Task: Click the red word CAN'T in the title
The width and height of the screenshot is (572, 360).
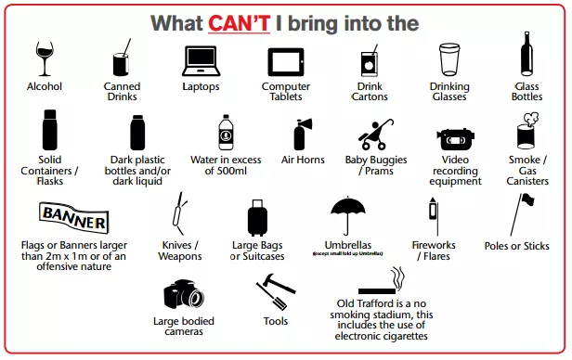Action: tap(240, 23)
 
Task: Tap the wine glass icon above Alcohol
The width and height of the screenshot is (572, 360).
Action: tap(45, 58)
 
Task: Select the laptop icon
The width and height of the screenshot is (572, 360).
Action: tap(201, 61)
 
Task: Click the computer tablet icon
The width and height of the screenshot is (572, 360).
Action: tap(286, 62)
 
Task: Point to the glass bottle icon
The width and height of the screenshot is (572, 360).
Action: tap(526, 54)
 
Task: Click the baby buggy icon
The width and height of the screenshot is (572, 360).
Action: tap(376, 135)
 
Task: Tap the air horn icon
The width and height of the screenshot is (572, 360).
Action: tap(303, 135)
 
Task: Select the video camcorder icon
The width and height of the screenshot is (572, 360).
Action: tap(455, 139)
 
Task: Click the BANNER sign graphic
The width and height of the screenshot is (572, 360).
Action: tap(74, 218)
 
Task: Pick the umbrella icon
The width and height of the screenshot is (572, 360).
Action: tap(348, 215)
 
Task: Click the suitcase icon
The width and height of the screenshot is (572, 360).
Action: tap(257, 218)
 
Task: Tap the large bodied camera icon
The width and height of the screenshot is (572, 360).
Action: tap(184, 294)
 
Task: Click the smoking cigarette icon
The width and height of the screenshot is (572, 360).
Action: tap(382, 281)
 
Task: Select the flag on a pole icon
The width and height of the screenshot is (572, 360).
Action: tap(522, 215)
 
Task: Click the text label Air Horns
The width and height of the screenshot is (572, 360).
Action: tap(303, 160)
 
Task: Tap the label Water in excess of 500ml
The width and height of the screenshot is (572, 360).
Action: tap(226, 165)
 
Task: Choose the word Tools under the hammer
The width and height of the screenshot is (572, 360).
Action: tap(276, 321)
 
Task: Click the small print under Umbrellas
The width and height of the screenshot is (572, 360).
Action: tap(347, 253)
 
